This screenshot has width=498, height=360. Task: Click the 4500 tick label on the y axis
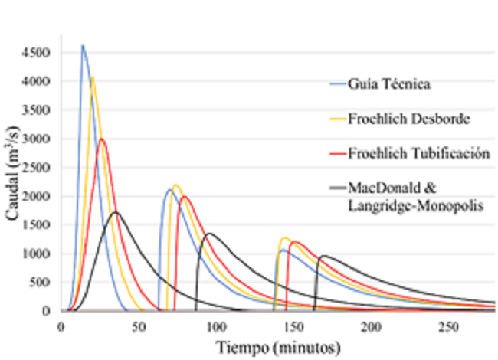coord(37,53)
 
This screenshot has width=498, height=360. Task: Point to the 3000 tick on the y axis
coord(37,139)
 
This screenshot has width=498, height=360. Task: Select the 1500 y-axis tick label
coord(37,225)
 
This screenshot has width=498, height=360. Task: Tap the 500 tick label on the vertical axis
coord(40,283)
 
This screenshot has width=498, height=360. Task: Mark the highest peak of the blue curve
coord(83,46)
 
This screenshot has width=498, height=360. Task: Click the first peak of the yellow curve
coord(93,77)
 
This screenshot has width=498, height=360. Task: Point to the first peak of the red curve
coord(101,139)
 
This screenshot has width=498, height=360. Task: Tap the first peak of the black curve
coord(115,212)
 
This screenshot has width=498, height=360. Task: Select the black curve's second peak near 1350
coord(209,234)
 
